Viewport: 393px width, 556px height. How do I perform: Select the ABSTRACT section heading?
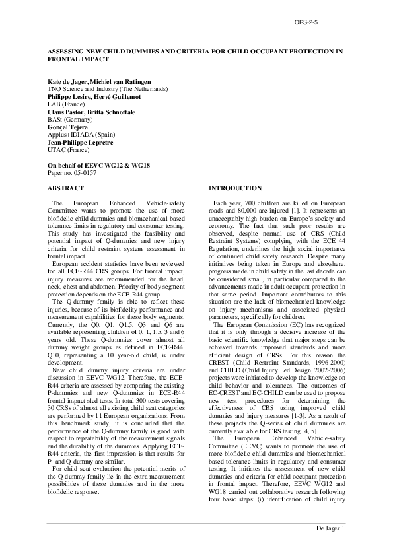65,188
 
